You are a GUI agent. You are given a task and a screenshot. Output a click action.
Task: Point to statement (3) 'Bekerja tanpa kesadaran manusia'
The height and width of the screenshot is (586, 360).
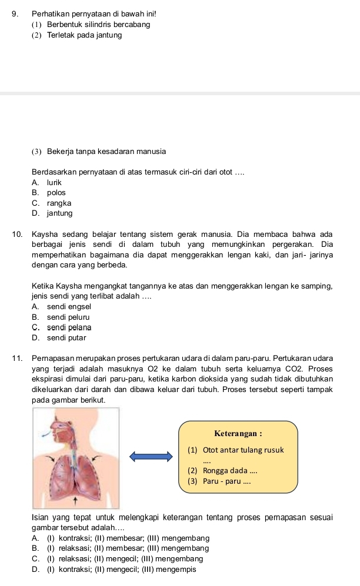coord(99,152)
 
